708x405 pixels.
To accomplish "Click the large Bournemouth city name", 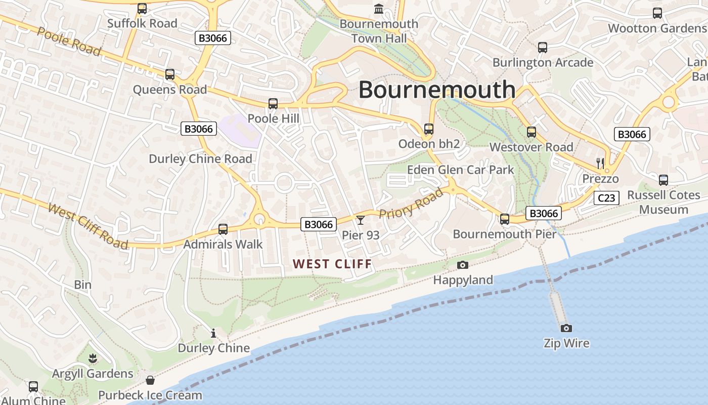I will (x=437, y=90).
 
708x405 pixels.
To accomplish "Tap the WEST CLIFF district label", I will (x=332, y=264).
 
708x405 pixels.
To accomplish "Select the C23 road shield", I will (x=606, y=198).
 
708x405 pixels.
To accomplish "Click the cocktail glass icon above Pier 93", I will (x=360, y=220).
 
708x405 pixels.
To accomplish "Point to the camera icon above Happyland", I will (x=462, y=265).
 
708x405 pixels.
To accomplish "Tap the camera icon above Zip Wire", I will (x=566, y=328).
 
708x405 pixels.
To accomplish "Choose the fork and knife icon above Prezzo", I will (x=600, y=163).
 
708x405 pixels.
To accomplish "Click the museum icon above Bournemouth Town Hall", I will (x=379, y=9).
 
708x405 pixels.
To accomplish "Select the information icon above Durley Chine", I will (x=213, y=333).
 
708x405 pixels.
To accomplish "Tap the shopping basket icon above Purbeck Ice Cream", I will (x=150, y=380).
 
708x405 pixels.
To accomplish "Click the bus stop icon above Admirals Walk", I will (x=223, y=229).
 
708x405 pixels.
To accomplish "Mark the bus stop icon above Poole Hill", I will (x=273, y=104).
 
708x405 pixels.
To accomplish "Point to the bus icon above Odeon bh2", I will (x=429, y=129).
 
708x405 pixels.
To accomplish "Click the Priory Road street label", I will (x=411, y=203).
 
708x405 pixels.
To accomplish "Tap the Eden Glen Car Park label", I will (x=460, y=170).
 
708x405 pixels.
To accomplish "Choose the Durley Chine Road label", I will (x=200, y=159).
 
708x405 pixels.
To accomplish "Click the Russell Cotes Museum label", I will (x=663, y=202).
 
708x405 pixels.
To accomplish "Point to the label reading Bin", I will (x=83, y=285).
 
